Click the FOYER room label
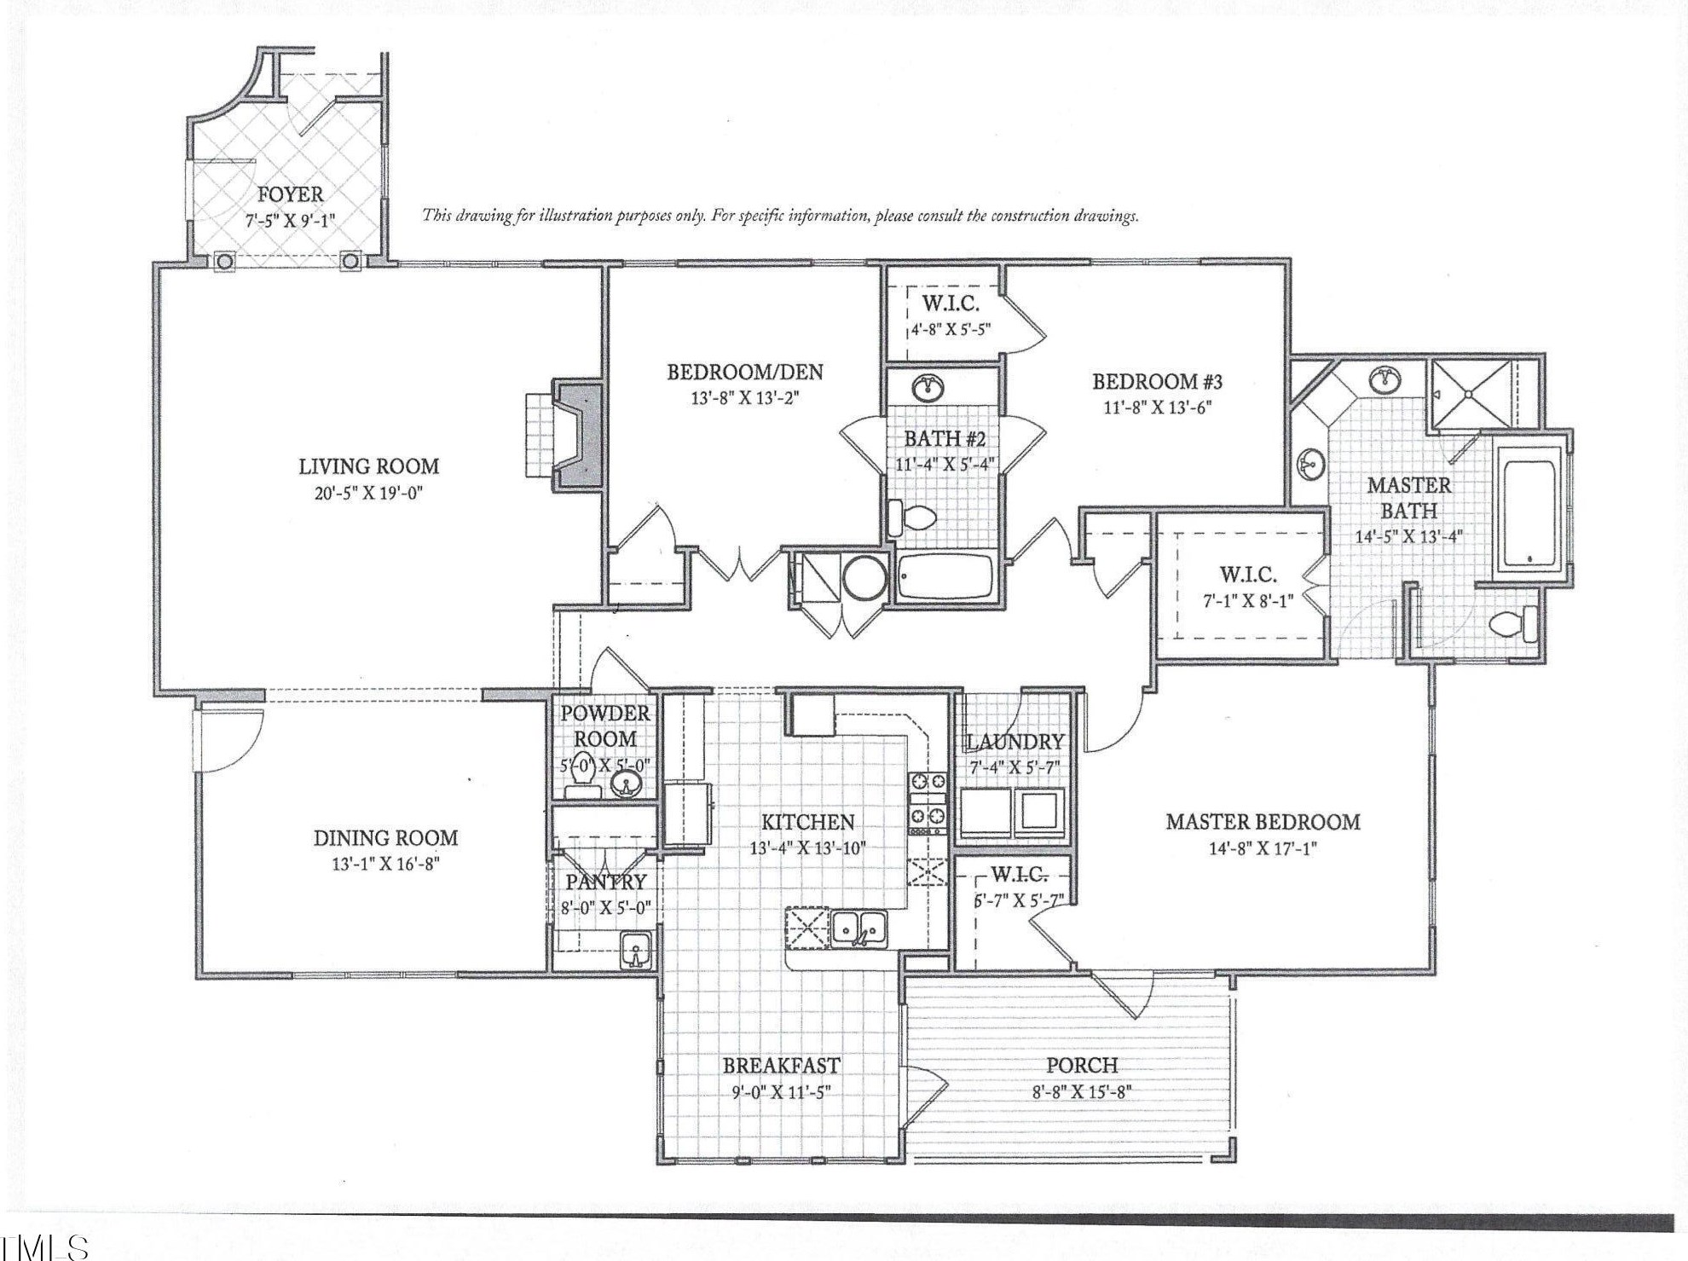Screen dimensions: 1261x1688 click(290, 194)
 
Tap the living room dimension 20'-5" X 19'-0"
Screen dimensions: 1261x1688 click(368, 493)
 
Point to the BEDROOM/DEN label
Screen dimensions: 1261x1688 click(744, 372)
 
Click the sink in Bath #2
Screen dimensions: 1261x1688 click(929, 389)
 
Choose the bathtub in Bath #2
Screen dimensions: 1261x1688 click(945, 576)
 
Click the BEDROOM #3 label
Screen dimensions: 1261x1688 click(1157, 381)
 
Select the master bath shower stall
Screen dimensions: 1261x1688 click(1470, 394)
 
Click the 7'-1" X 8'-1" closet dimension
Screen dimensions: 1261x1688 click(1247, 600)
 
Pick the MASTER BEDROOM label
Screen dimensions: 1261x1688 click(1262, 822)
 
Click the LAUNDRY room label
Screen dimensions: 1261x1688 click(1015, 742)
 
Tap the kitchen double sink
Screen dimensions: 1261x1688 click(859, 926)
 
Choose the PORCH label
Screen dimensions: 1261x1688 click(1081, 1065)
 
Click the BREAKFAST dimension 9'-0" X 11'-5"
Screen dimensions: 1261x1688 click(780, 1091)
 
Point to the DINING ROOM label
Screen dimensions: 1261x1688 click(385, 838)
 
